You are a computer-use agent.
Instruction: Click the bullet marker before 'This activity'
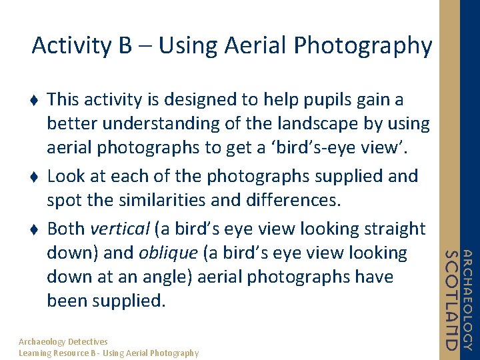coord(35,100)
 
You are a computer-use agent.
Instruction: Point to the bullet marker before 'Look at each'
coord(35,177)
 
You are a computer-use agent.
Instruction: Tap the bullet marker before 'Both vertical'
coord(35,229)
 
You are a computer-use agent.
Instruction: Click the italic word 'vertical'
coord(120,229)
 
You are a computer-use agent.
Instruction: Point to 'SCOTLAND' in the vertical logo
coord(451,300)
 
